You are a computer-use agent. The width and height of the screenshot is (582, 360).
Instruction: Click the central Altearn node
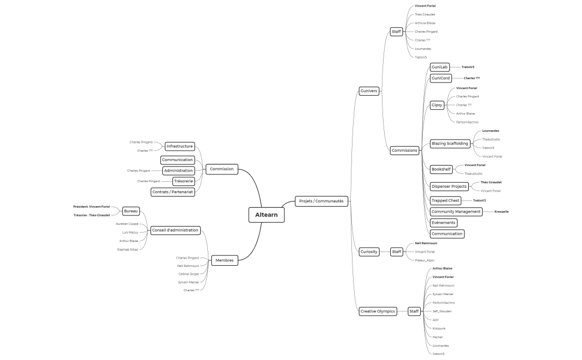click(267, 214)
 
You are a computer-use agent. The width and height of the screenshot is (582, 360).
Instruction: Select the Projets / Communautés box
click(321, 201)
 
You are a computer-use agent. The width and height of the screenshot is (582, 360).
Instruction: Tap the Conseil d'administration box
click(175, 230)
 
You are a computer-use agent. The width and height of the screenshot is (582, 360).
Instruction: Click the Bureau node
click(131, 211)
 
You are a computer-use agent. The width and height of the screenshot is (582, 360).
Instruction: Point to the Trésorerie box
click(183, 181)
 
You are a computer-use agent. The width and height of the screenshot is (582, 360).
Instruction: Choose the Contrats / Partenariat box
click(172, 192)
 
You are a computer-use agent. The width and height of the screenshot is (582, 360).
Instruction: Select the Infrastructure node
click(180, 146)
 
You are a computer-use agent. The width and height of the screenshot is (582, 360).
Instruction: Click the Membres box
click(224, 260)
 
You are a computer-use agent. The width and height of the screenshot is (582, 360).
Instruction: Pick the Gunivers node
click(369, 90)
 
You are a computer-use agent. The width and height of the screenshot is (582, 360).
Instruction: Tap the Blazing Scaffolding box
click(450, 143)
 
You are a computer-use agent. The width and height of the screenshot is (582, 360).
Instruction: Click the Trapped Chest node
click(445, 200)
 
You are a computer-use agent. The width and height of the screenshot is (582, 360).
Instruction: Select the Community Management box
click(456, 212)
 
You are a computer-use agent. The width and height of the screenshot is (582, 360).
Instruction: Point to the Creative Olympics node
click(377, 311)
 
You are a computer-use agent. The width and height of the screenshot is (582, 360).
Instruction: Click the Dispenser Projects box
click(449, 186)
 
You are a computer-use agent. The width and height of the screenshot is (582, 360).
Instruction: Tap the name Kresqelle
click(501, 212)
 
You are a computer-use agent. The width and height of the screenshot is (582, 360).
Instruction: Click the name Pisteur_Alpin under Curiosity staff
click(425, 260)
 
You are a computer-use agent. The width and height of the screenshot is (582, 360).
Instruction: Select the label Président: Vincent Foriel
click(91, 207)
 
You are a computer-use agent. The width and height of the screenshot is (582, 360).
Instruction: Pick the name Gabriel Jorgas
click(188, 274)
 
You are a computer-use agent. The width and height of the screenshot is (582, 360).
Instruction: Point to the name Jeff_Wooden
click(442, 311)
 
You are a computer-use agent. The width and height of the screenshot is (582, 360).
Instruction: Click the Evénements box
click(443, 223)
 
